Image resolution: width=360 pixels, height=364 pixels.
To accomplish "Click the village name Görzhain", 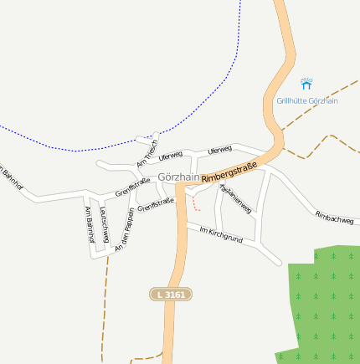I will (x=179, y=177).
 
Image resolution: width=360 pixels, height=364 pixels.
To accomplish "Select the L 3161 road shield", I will (x=171, y=295).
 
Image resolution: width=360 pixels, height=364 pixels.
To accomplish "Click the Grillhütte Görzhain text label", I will (x=306, y=101).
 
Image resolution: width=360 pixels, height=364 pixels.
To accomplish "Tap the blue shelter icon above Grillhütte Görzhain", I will (x=306, y=85).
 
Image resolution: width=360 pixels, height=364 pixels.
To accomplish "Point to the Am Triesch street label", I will (x=147, y=151).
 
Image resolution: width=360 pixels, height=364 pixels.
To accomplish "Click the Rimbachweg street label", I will (x=334, y=218).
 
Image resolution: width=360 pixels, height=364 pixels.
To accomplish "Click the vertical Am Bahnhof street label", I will (x=87, y=223).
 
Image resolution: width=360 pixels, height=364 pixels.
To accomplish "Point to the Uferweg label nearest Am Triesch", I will (x=170, y=156).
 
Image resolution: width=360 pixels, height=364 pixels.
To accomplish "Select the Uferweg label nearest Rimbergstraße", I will (x=219, y=150).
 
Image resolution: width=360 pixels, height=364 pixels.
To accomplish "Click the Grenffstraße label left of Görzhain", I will (x=132, y=187).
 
